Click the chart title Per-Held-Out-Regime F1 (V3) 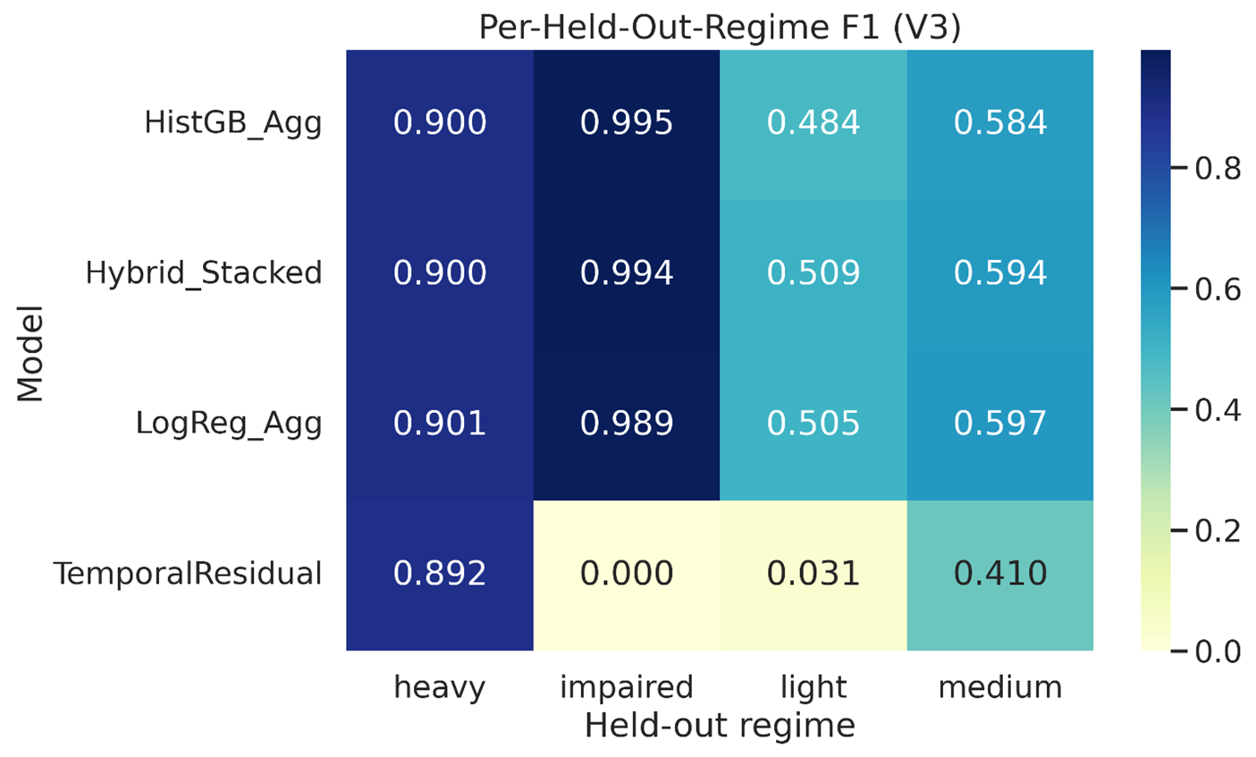coord(720,26)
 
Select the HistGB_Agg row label coord(233,123)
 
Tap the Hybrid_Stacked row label coord(204,273)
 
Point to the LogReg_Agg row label coord(229,424)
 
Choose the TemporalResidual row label coord(188,574)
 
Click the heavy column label coord(440,688)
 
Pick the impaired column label coord(627,688)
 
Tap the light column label coord(813,688)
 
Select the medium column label coord(1000,686)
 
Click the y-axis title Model coord(30,353)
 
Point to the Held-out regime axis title coord(720,727)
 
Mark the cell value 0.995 coord(627,122)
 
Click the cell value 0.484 coord(813,122)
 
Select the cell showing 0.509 coord(813,273)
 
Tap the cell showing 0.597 coord(1000,424)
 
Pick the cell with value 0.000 coord(627,574)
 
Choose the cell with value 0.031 coord(813,574)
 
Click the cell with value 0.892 coord(440,574)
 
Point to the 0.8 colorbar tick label coord(1218,168)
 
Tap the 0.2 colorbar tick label coord(1218,531)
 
